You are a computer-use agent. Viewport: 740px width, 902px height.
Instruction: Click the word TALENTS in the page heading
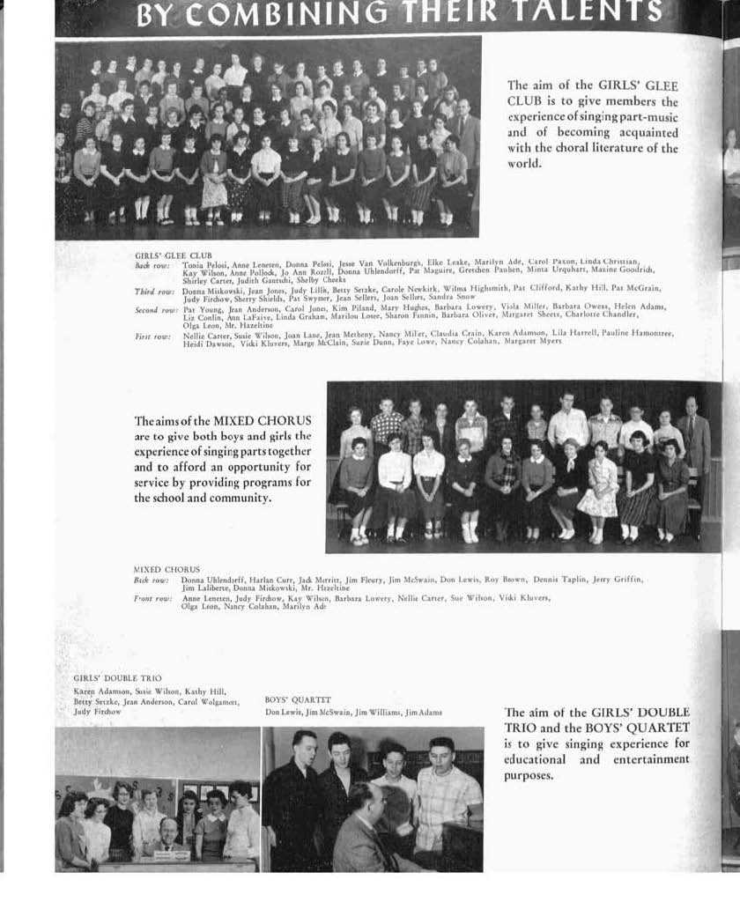[600, 11]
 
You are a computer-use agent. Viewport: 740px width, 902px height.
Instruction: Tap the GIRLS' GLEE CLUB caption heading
[174, 255]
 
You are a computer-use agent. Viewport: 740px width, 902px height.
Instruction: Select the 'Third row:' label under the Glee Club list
[154, 291]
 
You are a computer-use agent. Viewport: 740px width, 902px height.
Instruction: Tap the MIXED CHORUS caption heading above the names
[166, 569]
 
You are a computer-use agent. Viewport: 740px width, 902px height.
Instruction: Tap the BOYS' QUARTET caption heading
[291, 700]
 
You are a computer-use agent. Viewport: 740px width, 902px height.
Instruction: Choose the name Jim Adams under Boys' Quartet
[424, 712]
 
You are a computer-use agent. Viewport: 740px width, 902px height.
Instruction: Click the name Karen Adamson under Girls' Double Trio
[96, 691]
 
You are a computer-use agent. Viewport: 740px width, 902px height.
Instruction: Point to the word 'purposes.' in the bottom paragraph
[529, 776]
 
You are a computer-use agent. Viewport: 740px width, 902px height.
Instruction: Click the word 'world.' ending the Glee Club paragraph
[524, 164]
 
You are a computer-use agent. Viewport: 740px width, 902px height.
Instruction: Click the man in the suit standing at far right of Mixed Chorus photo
[693, 440]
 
